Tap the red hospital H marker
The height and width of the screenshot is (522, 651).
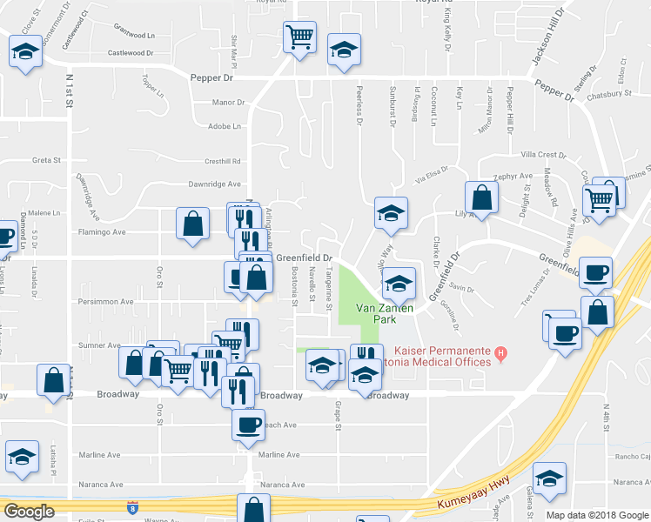tap(500, 353)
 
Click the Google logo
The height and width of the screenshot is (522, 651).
tap(29, 511)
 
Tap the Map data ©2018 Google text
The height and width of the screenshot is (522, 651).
tap(596, 515)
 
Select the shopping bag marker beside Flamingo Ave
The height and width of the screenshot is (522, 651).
tap(192, 224)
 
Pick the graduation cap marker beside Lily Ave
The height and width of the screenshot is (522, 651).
tap(392, 211)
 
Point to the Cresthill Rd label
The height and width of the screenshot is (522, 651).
tap(222, 161)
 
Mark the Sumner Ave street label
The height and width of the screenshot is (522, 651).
tap(100, 345)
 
